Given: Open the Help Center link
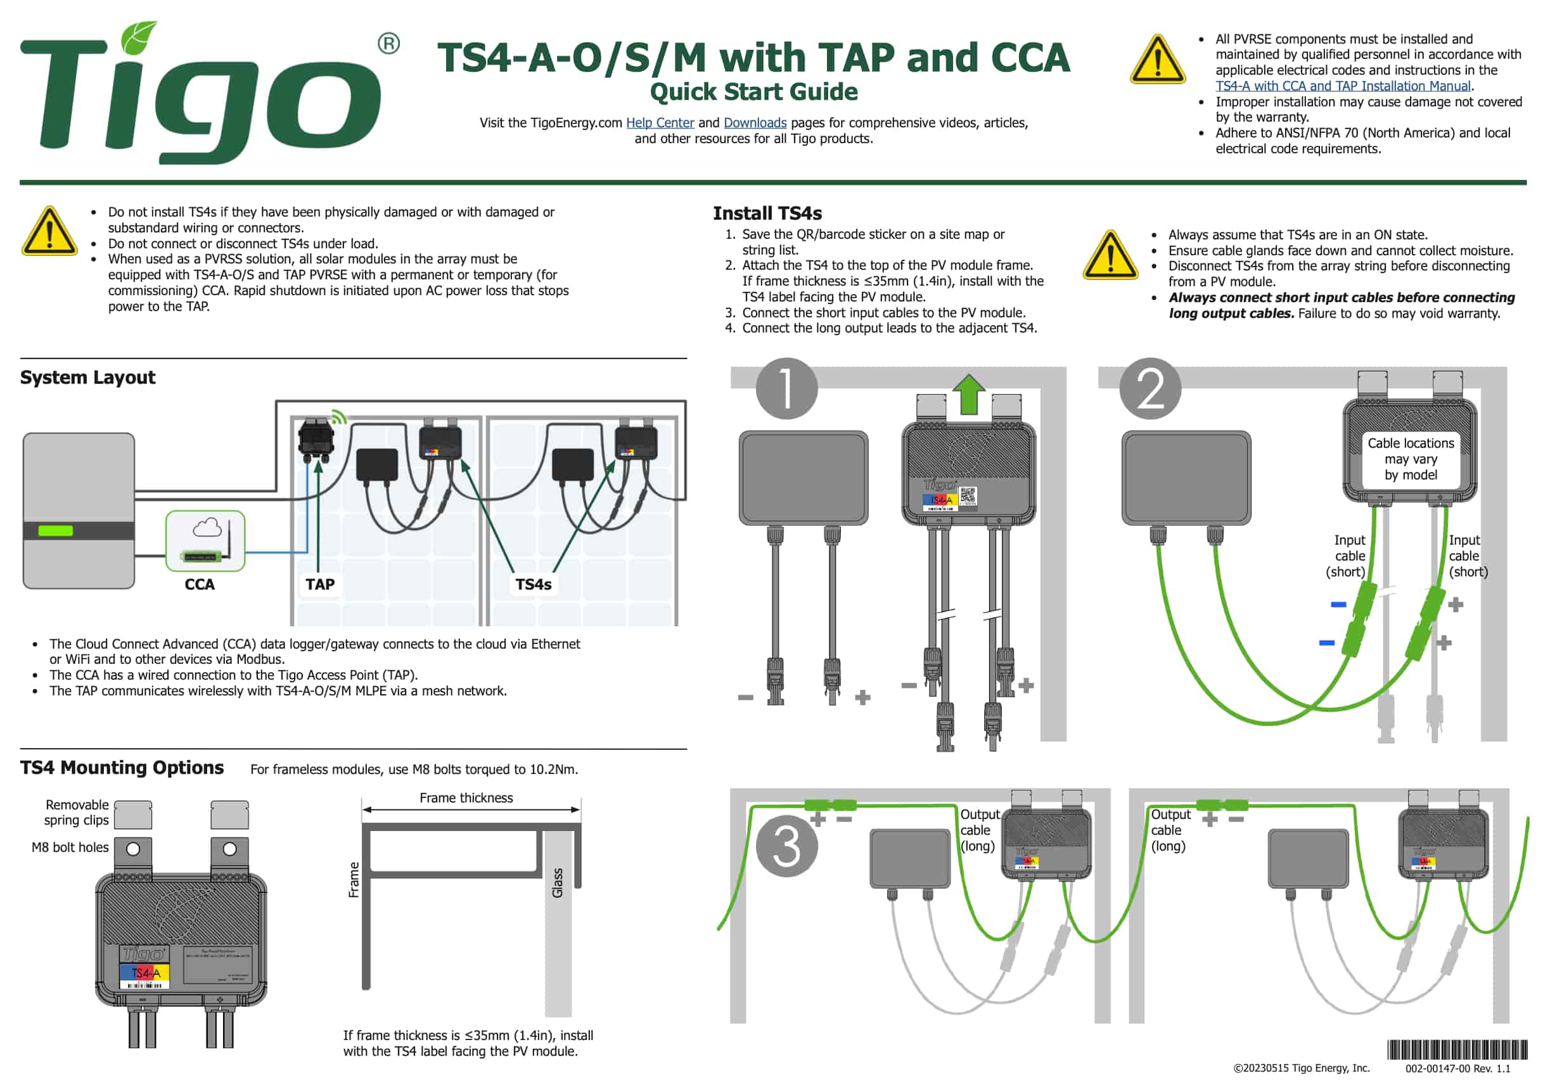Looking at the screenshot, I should (x=660, y=123).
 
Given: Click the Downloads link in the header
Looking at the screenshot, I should (x=755, y=123).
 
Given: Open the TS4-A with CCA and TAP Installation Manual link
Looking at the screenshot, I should (x=1343, y=86).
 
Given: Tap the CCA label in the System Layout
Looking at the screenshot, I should (x=200, y=585).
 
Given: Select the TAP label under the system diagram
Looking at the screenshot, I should (x=320, y=585).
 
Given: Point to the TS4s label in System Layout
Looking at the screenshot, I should (x=534, y=585).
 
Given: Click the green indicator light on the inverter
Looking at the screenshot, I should (x=55, y=530).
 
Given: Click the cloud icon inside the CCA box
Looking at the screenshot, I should (x=207, y=527).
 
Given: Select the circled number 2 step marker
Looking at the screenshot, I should (x=1150, y=389).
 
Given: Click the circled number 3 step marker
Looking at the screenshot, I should (x=786, y=846).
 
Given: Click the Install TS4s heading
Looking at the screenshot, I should (x=767, y=213).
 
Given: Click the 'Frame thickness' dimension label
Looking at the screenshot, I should (x=466, y=797).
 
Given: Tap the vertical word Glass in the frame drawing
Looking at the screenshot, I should (x=558, y=883).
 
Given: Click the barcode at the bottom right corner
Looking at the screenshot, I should (x=1457, y=1050).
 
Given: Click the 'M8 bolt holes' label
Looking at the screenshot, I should (x=70, y=848).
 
